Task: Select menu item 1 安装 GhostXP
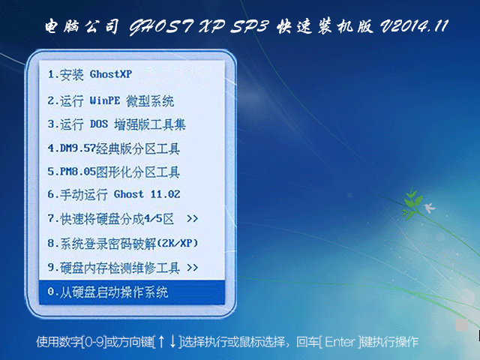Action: (x=91, y=74)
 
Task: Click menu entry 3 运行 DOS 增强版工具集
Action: (x=116, y=124)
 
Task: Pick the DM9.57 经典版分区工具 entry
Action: (x=113, y=148)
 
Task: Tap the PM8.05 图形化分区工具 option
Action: (x=113, y=172)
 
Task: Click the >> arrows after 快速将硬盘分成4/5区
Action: (x=192, y=219)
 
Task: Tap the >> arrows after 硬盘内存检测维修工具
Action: (x=192, y=267)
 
